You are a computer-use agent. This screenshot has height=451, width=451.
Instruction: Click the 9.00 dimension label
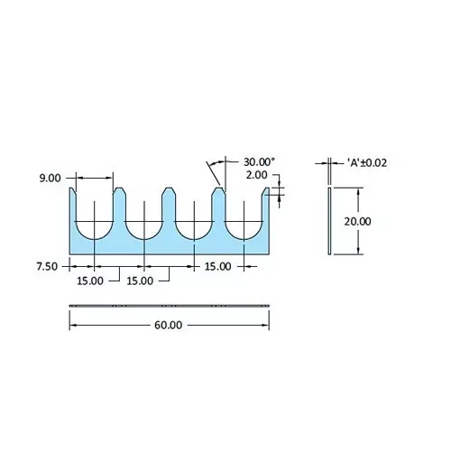50,179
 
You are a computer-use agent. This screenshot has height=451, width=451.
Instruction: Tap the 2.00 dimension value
255,176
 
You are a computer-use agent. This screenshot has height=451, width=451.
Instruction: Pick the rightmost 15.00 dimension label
217,266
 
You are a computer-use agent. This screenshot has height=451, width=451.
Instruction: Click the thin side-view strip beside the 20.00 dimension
329,221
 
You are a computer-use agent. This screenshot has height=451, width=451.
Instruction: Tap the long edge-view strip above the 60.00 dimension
169,307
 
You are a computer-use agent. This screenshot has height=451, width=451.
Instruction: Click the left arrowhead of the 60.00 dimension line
73,325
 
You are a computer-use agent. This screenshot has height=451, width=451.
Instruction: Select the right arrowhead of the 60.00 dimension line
266,325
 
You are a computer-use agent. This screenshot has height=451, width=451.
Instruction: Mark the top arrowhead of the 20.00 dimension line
360,191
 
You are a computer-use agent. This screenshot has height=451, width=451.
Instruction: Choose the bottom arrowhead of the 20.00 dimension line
360,250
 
